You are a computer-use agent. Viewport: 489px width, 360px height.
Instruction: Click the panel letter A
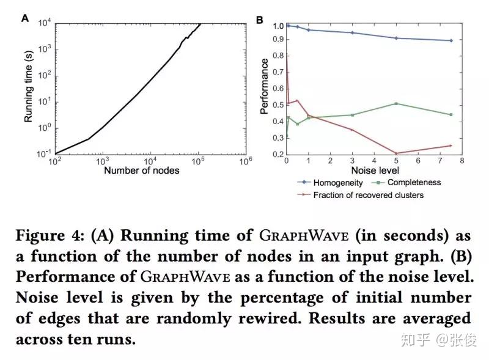tap(26, 18)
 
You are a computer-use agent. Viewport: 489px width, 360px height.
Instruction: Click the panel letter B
tap(259, 20)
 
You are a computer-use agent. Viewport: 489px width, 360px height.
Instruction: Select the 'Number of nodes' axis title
tap(142, 170)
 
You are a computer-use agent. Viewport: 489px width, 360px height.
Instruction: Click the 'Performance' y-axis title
tap(264, 86)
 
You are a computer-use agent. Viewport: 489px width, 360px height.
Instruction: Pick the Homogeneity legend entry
tap(337, 182)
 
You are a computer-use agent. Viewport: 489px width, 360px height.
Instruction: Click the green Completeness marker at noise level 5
tap(396, 103)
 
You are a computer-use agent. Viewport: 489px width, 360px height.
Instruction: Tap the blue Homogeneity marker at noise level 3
tap(352, 32)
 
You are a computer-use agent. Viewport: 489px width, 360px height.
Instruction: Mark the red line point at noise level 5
tap(396, 153)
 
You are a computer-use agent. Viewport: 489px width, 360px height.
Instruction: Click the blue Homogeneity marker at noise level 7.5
tap(450, 40)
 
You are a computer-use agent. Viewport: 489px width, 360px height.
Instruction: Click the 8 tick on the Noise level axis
tap(461, 161)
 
